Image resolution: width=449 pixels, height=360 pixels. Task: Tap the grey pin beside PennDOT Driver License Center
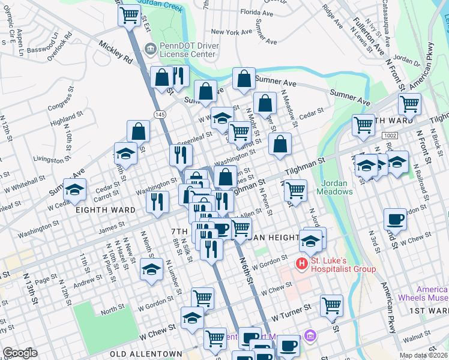click(x=149, y=48)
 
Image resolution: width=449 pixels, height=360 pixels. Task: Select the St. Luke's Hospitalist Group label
click(x=344, y=265)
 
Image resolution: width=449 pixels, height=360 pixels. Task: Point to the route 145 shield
click(x=160, y=114)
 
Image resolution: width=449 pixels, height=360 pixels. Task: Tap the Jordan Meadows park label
click(x=337, y=187)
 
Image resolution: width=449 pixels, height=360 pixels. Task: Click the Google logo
click(x=20, y=353)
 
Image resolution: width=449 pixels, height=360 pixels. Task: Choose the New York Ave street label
click(x=232, y=32)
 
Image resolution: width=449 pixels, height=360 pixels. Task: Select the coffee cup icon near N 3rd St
click(x=395, y=219)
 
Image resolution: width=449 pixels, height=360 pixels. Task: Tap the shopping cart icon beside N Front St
click(x=410, y=103)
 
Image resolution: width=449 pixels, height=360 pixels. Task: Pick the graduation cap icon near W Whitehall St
click(x=75, y=191)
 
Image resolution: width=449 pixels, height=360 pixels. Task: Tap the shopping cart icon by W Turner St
click(x=331, y=305)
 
